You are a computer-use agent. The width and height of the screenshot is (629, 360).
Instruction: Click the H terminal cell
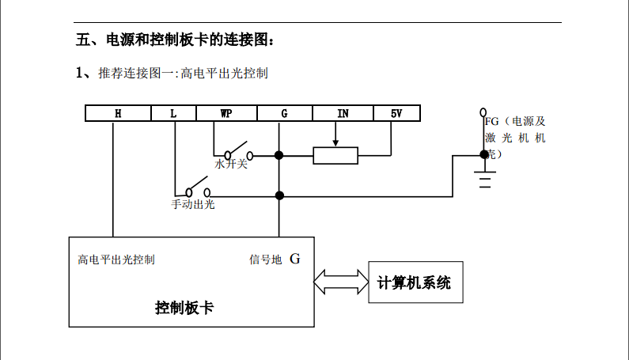[x=117, y=113]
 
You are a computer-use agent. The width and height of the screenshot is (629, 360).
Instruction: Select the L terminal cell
[x=173, y=113]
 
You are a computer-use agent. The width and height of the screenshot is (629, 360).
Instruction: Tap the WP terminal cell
[x=226, y=113]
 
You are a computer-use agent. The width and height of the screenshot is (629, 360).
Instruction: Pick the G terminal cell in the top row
[x=284, y=113]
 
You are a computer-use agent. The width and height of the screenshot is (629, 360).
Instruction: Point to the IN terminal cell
[x=343, y=113]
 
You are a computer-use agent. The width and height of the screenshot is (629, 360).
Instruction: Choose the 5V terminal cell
[x=396, y=113]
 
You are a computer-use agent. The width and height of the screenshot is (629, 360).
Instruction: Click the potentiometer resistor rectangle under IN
[x=335, y=155]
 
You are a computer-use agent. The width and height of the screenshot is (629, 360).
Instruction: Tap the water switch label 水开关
[x=231, y=165]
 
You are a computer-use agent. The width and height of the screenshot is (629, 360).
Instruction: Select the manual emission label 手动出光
[x=193, y=204]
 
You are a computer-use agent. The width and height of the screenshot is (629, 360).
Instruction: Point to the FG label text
[x=491, y=122]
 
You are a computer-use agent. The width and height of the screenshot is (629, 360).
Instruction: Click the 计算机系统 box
[x=414, y=282]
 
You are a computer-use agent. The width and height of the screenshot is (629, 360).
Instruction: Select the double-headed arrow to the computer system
[x=341, y=281]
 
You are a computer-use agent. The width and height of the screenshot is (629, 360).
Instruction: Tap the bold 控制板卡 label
[x=184, y=308]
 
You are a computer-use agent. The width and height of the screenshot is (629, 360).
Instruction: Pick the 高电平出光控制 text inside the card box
[x=116, y=260]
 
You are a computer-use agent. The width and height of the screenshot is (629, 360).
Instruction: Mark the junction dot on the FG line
[x=484, y=155]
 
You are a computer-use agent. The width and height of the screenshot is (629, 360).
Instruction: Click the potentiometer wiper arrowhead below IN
[x=335, y=144]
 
